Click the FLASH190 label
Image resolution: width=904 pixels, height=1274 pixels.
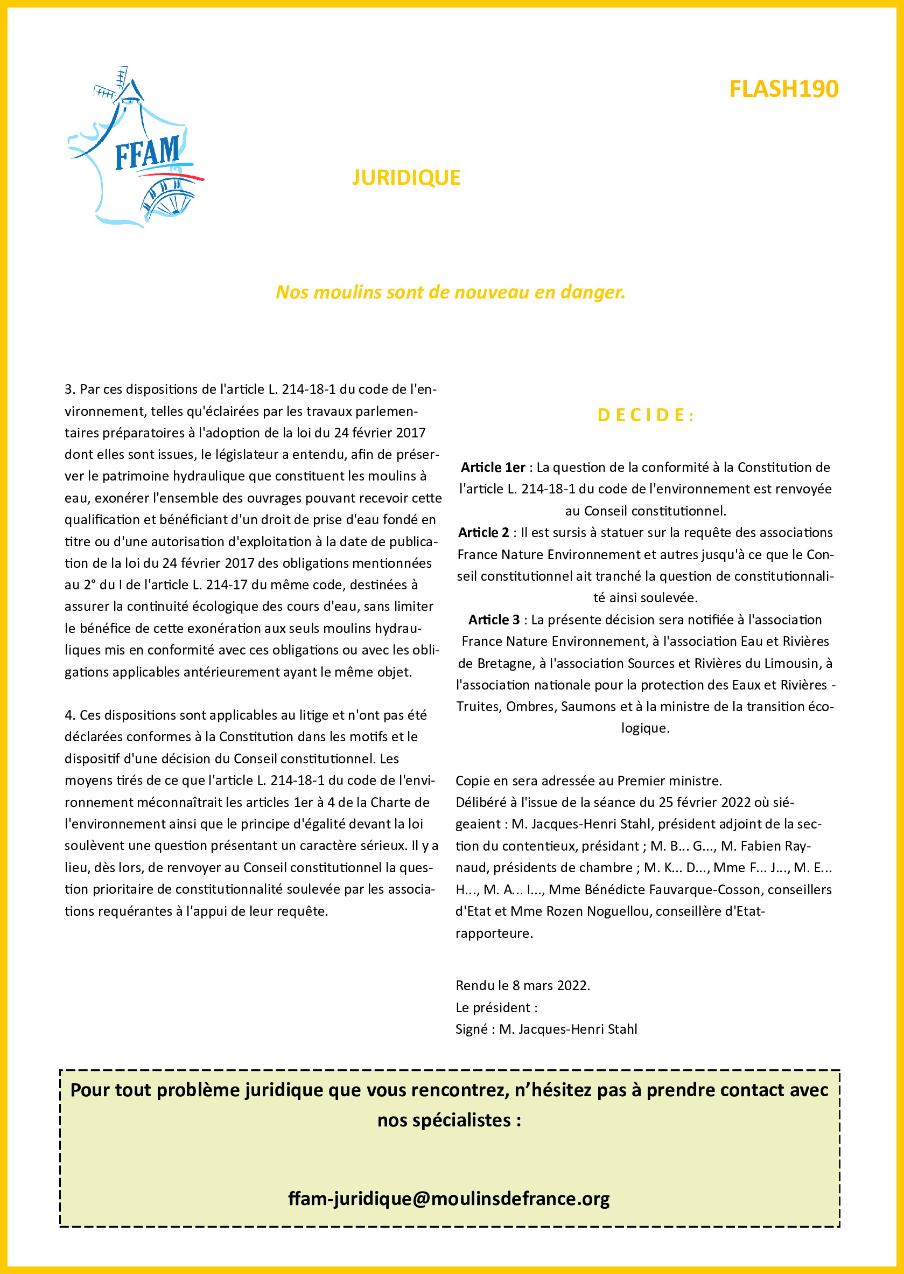(x=783, y=89)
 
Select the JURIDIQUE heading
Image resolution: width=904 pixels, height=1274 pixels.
(x=407, y=178)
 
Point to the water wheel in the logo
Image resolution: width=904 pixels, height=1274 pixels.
(x=167, y=198)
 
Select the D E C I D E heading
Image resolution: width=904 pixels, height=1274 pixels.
(x=645, y=415)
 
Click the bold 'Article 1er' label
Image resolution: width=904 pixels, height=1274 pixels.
(x=493, y=467)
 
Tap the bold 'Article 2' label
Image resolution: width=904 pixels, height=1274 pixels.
(x=483, y=532)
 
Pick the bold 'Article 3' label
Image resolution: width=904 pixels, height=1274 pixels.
(x=494, y=619)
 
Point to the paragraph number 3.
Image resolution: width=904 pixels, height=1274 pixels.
(x=69, y=389)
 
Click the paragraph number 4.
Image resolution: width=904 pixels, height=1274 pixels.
(x=69, y=715)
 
